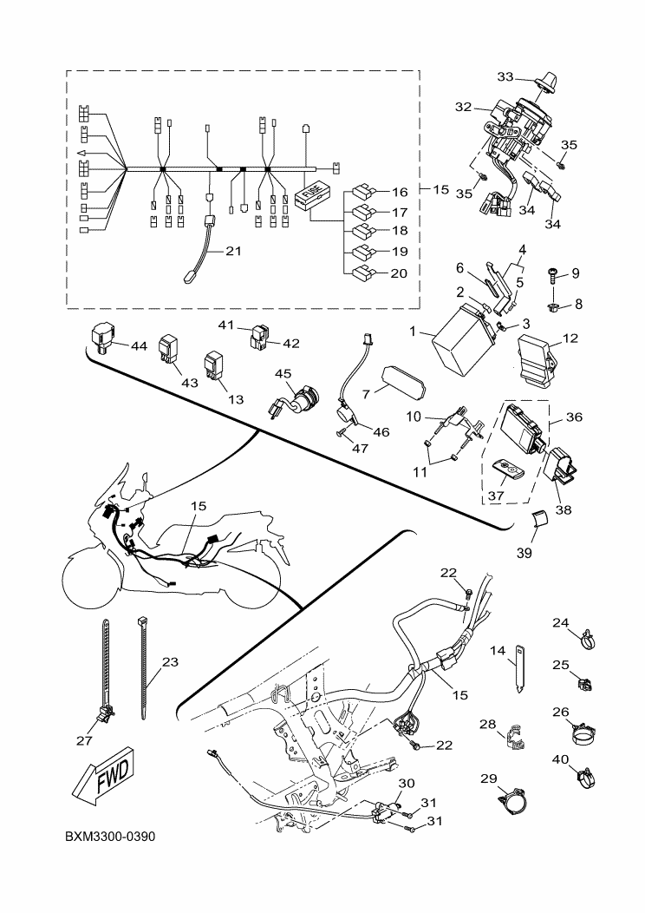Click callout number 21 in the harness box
click(232, 252)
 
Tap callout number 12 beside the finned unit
click(570, 338)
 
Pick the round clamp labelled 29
click(512, 801)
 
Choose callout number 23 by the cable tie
click(170, 662)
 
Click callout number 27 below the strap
click(83, 740)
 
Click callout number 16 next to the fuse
click(399, 192)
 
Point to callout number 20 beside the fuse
click(399, 273)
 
